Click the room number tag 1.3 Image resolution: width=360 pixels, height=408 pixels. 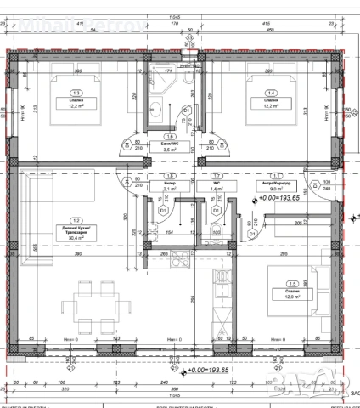(77, 93)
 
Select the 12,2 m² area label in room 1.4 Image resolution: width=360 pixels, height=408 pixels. (272, 107)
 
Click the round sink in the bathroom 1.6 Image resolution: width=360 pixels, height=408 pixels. (156, 109)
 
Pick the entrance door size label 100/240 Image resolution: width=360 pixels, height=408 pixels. (326, 184)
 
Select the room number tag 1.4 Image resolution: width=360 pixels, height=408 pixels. (271, 93)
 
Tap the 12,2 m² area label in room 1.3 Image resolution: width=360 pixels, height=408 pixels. (77, 107)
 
